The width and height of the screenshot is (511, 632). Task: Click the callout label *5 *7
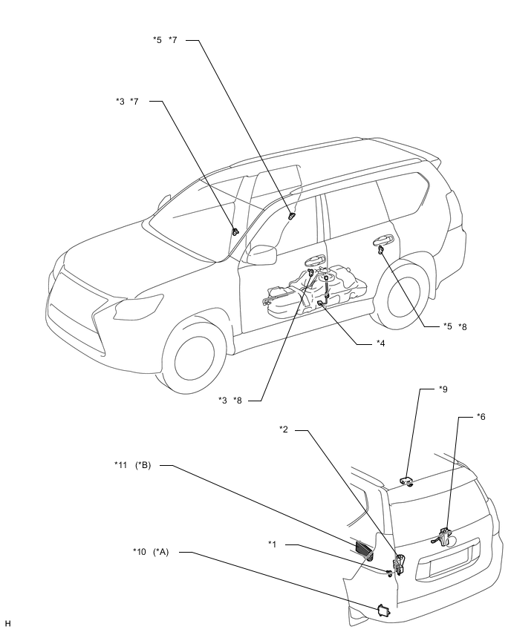pos(165,40)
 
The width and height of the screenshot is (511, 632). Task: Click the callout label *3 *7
pos(127,101)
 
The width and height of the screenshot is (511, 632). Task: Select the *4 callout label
pos(380,343)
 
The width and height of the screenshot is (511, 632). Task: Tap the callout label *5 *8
pos(455,326)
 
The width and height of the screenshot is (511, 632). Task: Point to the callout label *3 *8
pos(230,401)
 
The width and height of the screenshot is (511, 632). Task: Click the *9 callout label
pos(443,389)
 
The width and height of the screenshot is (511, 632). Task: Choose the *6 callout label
pos(481,416)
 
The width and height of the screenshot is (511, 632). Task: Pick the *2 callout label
pos(284,429)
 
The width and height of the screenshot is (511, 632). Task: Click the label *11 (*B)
pos(132,465)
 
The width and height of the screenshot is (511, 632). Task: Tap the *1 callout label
pos(273,544)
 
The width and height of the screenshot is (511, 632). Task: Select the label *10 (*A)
pos(151,552)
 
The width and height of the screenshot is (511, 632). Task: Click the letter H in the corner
pos(7,624)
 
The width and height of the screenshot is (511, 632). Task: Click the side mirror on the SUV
pos(261,254)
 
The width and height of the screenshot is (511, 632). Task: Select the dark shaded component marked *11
pos(364,550)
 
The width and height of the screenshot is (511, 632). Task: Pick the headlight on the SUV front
pos(138,305)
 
